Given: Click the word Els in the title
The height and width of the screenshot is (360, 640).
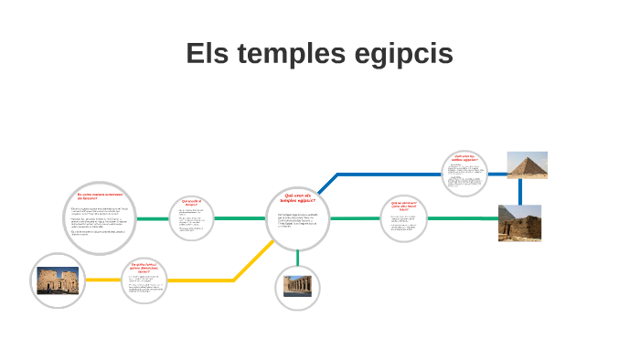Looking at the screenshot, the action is tap(206, 54).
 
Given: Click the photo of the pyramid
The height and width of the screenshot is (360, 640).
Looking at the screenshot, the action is tap(527, 165).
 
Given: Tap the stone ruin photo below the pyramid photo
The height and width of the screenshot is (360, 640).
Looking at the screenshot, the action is tap(519, 223).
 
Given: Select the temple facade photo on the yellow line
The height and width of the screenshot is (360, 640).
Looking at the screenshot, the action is tap(59, 280).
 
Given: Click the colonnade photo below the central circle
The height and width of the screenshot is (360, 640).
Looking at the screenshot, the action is tap(298, 287).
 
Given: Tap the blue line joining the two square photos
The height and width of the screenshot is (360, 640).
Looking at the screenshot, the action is tap(519, 192).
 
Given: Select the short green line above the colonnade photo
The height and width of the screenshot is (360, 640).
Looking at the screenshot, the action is tap(298, 257).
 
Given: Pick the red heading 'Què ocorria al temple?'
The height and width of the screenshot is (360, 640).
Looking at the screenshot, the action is tap(191, 202).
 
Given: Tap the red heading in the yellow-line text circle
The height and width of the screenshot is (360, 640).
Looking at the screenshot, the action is tap(145, 268).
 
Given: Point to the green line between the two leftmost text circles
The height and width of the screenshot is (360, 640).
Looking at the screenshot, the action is tap(153, 219).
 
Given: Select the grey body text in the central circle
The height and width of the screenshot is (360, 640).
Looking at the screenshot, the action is tap(298, 220).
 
